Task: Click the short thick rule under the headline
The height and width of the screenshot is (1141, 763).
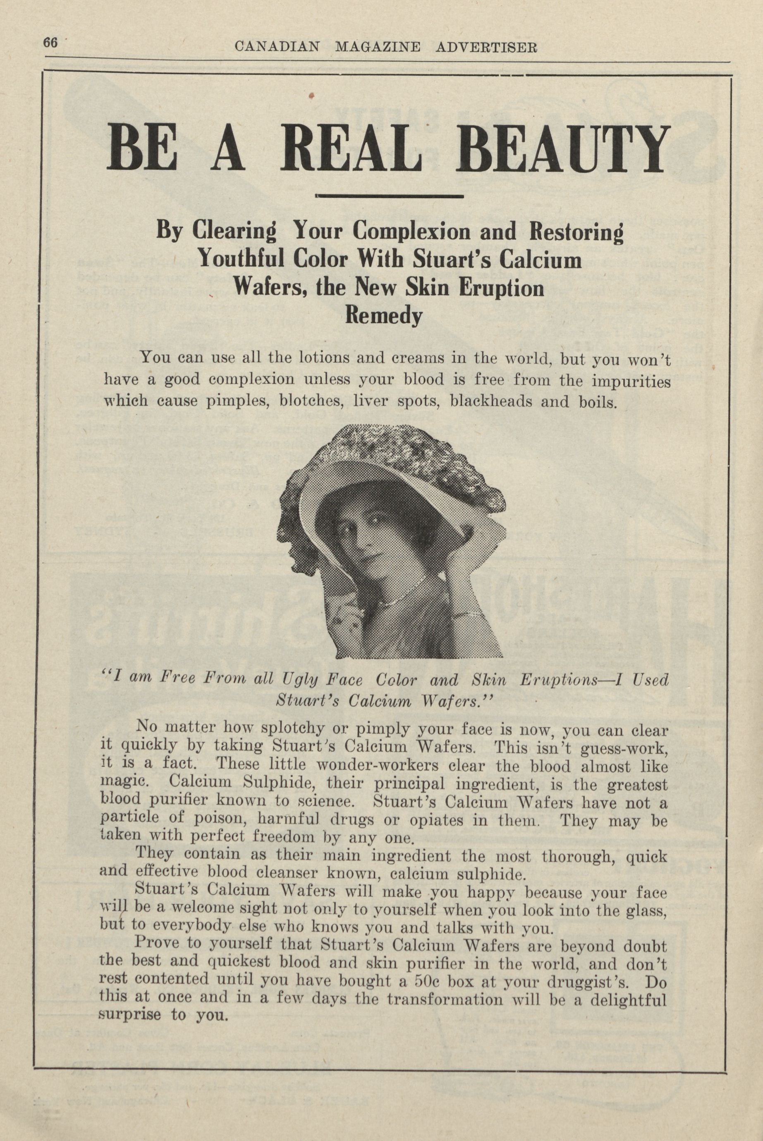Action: click(389, 196)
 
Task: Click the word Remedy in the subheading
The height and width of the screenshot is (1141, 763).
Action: click(383, 317)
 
